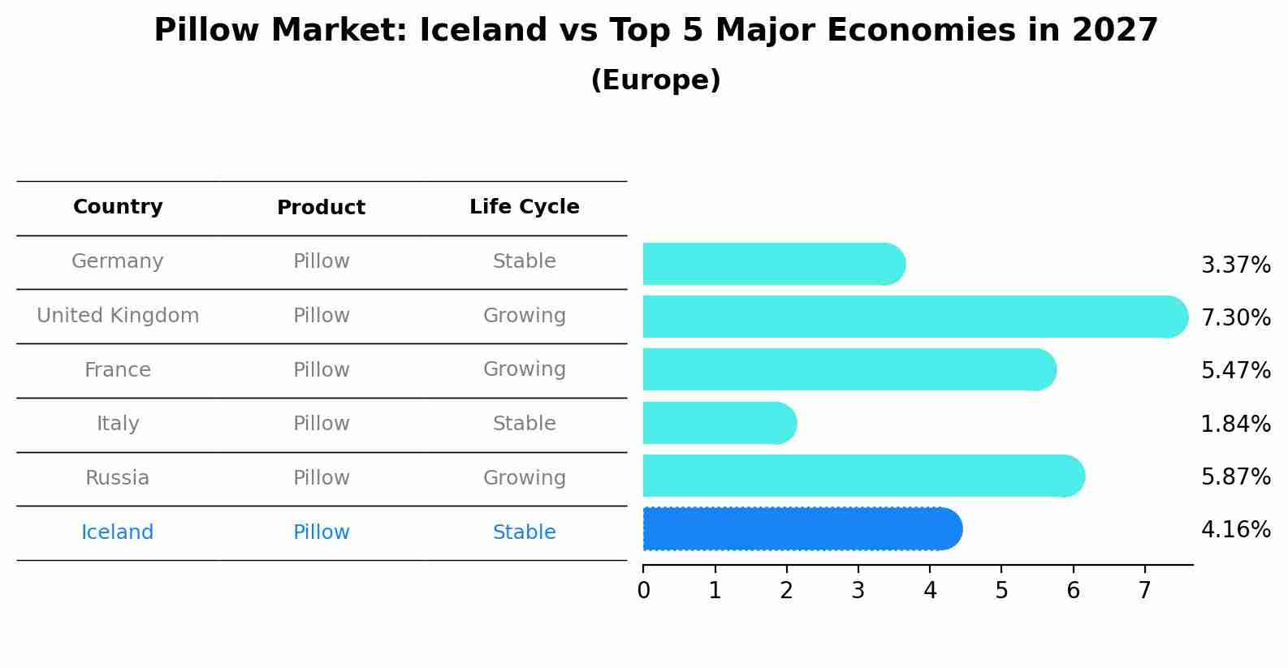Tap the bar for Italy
[720, 423]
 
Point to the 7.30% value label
[1235, 317]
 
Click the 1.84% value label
[1235, 424]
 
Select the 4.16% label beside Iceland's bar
[1235, 530]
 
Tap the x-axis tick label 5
[1001, 591]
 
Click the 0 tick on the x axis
[643, 591]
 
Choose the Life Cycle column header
[524, 207]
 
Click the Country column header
[118, 207]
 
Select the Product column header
[321, 208]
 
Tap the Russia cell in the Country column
[118, 478]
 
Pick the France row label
[118, 370]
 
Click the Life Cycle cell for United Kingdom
[524, 316]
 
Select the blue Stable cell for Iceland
[524, 532]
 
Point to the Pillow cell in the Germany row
[321, 261]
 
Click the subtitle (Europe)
[655, 80]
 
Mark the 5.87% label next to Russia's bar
[1235, 476]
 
